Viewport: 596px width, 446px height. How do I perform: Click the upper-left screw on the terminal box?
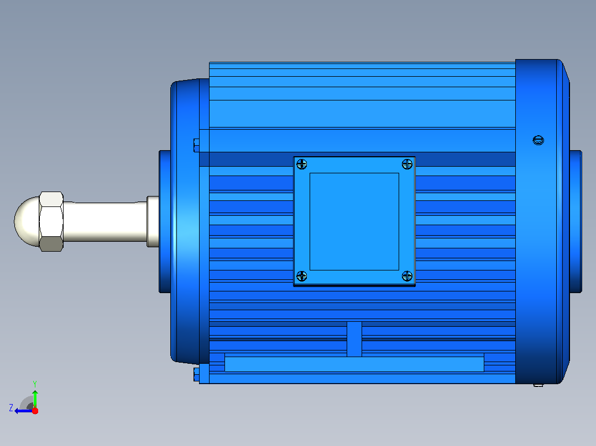[301, 164]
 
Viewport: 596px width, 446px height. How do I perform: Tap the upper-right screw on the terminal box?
[407, 164]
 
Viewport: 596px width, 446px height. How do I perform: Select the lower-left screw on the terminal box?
[301, 276]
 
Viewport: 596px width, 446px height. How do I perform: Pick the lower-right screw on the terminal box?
[407, 276]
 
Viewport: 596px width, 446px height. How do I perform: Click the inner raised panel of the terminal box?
[354, 222]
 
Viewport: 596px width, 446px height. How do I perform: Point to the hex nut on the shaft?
[51, 222]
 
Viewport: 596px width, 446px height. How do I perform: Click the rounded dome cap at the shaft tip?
[27, 222]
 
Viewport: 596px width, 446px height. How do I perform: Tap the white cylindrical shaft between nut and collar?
[105, 222]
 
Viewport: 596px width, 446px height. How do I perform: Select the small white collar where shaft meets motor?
[153, 222]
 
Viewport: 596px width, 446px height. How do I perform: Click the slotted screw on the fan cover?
[539, 140]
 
